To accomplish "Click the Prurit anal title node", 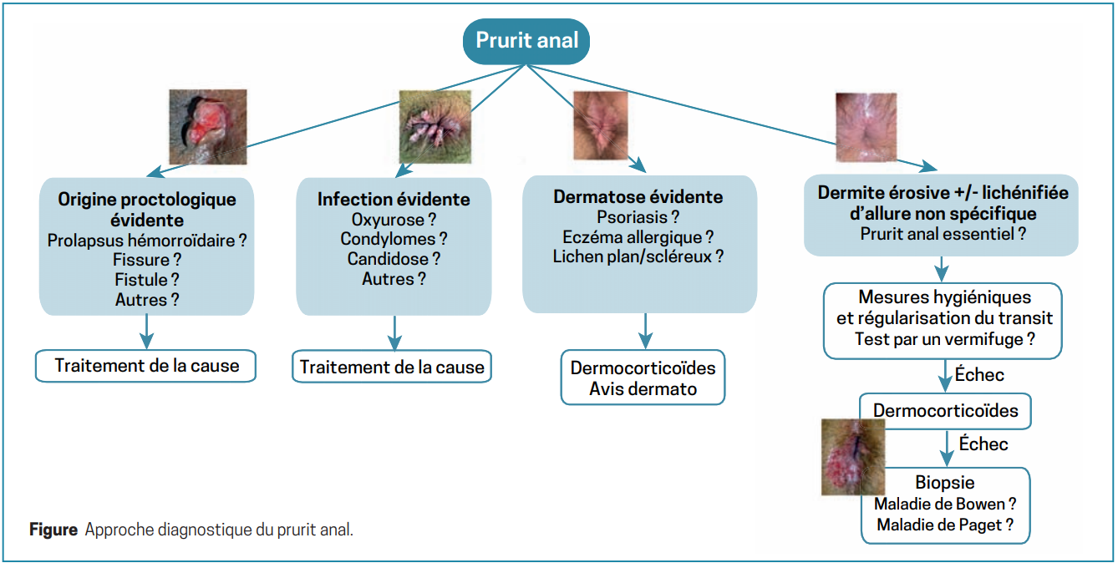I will coord(526,40).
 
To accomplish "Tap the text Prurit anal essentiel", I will coord(943,234).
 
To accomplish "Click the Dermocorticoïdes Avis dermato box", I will coord(643,378).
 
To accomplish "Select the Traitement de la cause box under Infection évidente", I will coord(392,368).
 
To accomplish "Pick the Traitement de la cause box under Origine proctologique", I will coord(146,366).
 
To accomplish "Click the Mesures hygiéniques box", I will coord(943,319).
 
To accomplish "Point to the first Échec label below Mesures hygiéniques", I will coord(980,375).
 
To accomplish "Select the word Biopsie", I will coord(944,484).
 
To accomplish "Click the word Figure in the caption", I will coord(53,530).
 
